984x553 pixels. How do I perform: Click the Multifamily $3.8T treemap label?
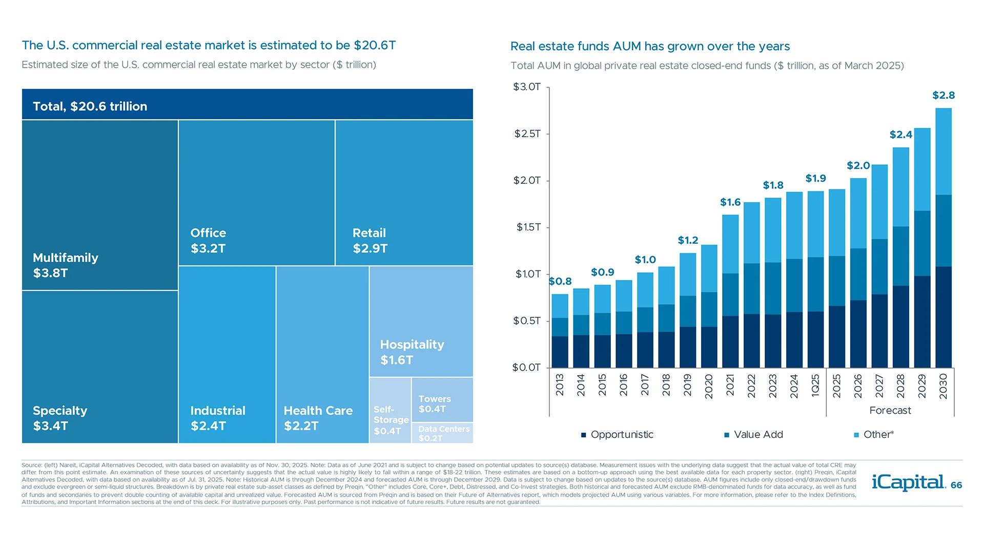pyautogui.click(x=65, y=265)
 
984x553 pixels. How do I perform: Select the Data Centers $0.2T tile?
pyautogui.click(x=443, y=433)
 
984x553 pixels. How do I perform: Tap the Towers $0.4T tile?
pyautogui.click(x=442, y=400)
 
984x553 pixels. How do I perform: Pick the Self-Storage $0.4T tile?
pyautogui.click(x=390, y=411)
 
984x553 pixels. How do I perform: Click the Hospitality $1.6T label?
pyautogui.click(x=412, y=352)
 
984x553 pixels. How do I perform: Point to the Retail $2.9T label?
pyautogui.click(x=370, y=241)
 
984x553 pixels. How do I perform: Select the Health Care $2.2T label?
pyautogui.click(x=318, y=418)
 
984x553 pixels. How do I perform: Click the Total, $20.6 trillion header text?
pyautogui.click(x=90, y=107)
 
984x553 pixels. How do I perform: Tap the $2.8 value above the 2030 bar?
pyautogui.click(x=943, y=95)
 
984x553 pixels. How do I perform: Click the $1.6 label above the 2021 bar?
pyautogui.click(x=730, y=202)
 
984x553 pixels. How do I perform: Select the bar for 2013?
pyautogui.click(x=560, y=331)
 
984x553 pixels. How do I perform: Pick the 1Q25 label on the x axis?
pyautogui.click(x=815, y=385)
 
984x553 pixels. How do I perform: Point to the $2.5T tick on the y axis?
pyautogui.click(x=527, y=134)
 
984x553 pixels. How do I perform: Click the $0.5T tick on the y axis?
pyautogui.click(x=527, y=321)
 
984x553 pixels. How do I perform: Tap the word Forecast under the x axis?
pyautogui.click(x=890, y=411)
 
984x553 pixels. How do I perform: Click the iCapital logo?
pyautogui.click(x=908, y=482)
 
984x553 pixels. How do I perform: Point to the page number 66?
pyautogui.click(x=956, y=485)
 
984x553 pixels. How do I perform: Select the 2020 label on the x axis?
pyautogui.click(x=709, y=386)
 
